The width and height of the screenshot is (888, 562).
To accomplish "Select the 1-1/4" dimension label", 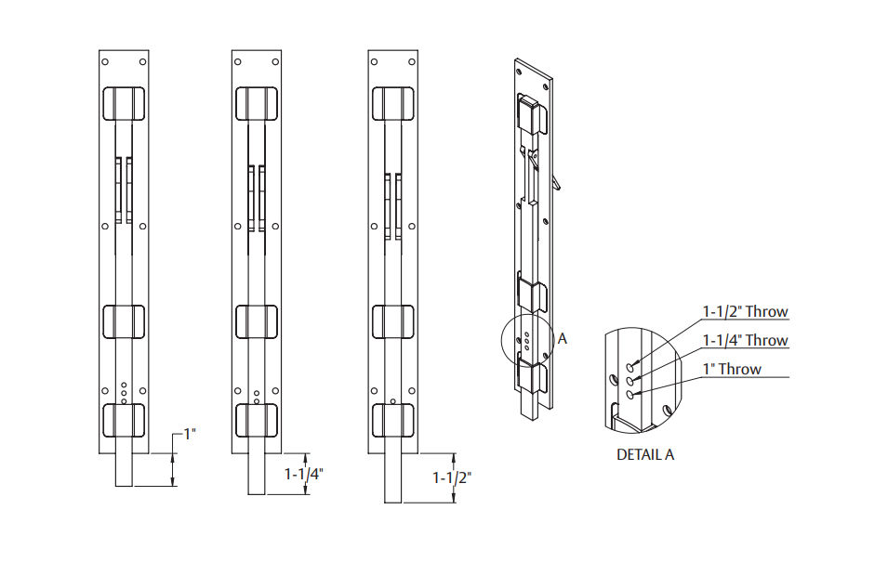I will (x=303, y=474).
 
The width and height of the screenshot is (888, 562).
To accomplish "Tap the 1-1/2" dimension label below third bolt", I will (x=452, y=478).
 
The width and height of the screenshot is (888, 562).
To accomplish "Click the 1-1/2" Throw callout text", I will (x=745, y=312).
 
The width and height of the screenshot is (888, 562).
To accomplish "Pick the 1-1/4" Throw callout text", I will (x=745, y=341).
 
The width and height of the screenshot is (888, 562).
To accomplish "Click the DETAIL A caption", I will (x=645, y=455).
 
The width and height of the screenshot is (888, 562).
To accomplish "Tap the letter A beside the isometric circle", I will (x=562, y=340).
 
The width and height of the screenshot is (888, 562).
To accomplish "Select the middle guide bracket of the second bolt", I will (x=258, y=321).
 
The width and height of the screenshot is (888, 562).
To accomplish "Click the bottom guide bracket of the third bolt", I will (x=392, y=421).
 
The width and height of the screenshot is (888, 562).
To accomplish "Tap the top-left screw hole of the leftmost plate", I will (x=105, y=62).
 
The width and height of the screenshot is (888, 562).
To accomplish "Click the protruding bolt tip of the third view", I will (x=392, y=477).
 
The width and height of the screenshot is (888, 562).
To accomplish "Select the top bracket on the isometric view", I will (x=530, y=113).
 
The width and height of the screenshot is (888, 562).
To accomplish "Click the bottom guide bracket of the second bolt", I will (x=258, y=421).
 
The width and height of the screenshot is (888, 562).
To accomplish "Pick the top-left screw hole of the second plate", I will (x=239, y=62).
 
